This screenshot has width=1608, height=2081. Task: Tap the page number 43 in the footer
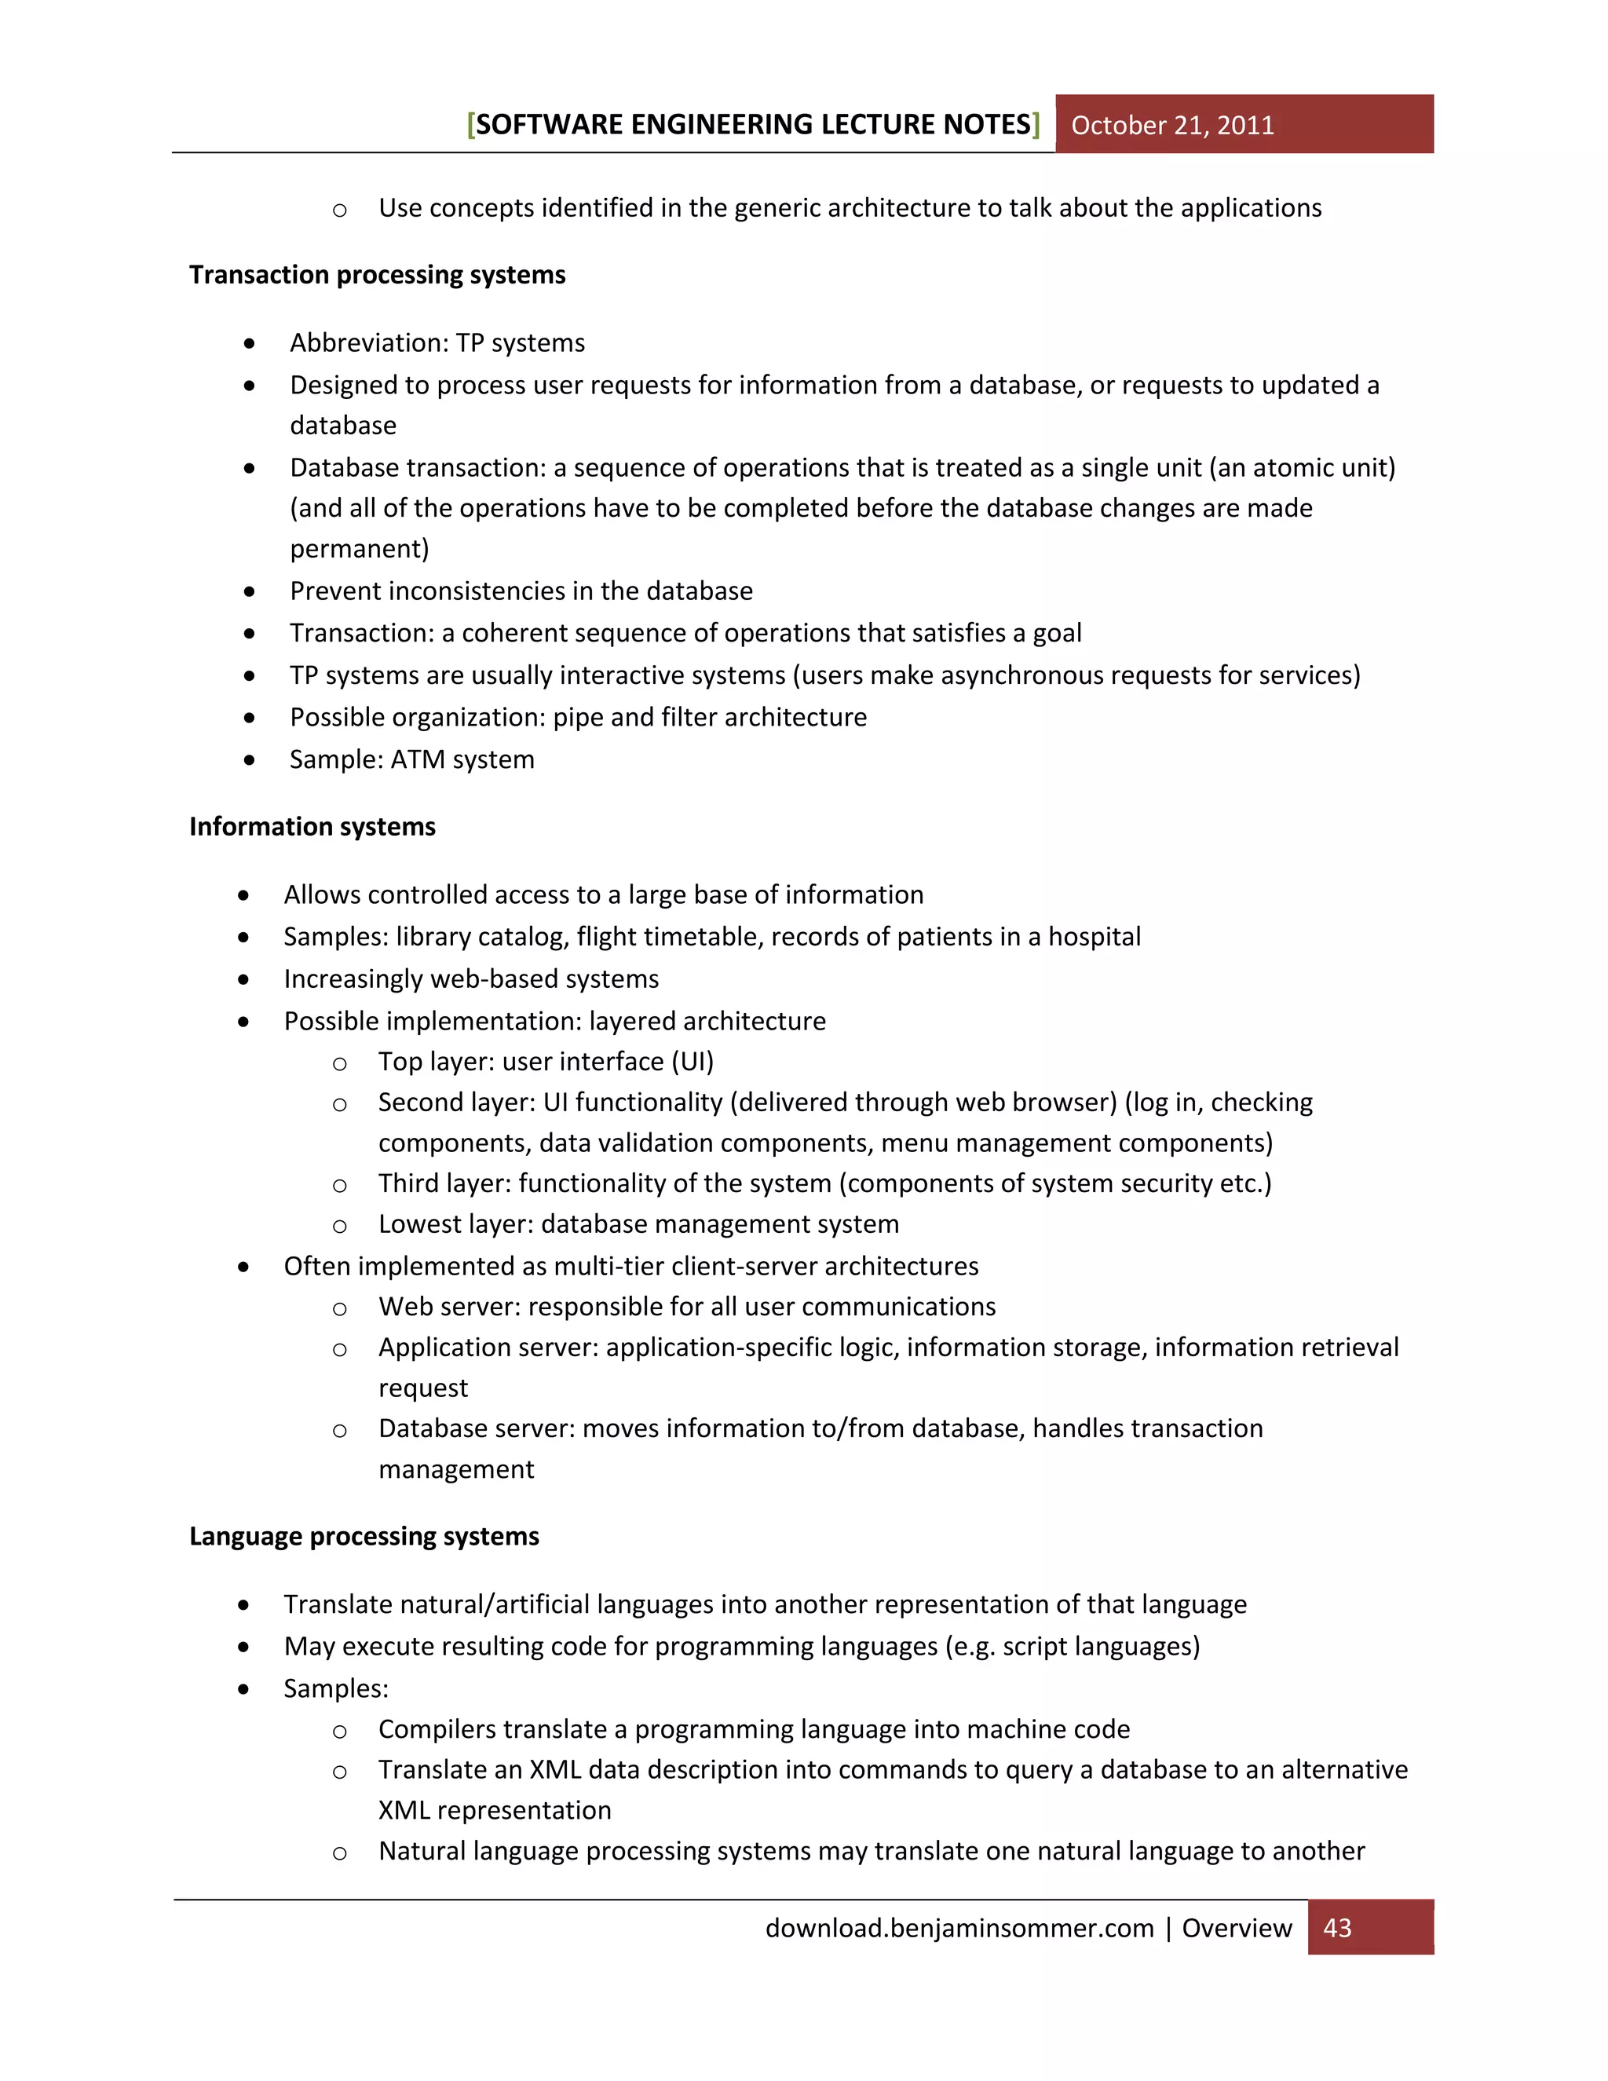pyautogui.click(x=1336, y=1928)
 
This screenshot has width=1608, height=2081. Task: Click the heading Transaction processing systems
pyautogui.click(x=377, y=276)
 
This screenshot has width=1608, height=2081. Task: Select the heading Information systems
pyautogui.click(x=312, y=827)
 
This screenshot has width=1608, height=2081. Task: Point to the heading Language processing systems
pyautogui.click(x=364, y=1537)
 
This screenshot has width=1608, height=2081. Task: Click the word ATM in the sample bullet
pyautogui.click(x=417, y=760)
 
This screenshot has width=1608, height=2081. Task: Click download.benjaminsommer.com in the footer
pyautogui.click(x=959, y=1929)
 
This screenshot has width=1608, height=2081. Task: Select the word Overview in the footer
pyautogui.click(x=1237, y=1929)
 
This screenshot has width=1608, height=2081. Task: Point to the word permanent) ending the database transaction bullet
pyautogui.click(x=359, y=550)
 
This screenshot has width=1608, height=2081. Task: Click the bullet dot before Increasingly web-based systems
pyautogui.click(x=244, y=979)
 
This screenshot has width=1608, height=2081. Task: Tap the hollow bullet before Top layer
pyautogui.click(x=339, y=1063)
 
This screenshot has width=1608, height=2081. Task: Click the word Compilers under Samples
pyautogui.click(x=438, y=1729)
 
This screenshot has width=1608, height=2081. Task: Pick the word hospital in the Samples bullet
pyautogui.click(x=1094, y=938)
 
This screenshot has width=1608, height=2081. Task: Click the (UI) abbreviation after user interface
pyautogui.click(x=693, y=1062)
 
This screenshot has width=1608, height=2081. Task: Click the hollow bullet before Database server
pyautogui.click(x=339, y=1430)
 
